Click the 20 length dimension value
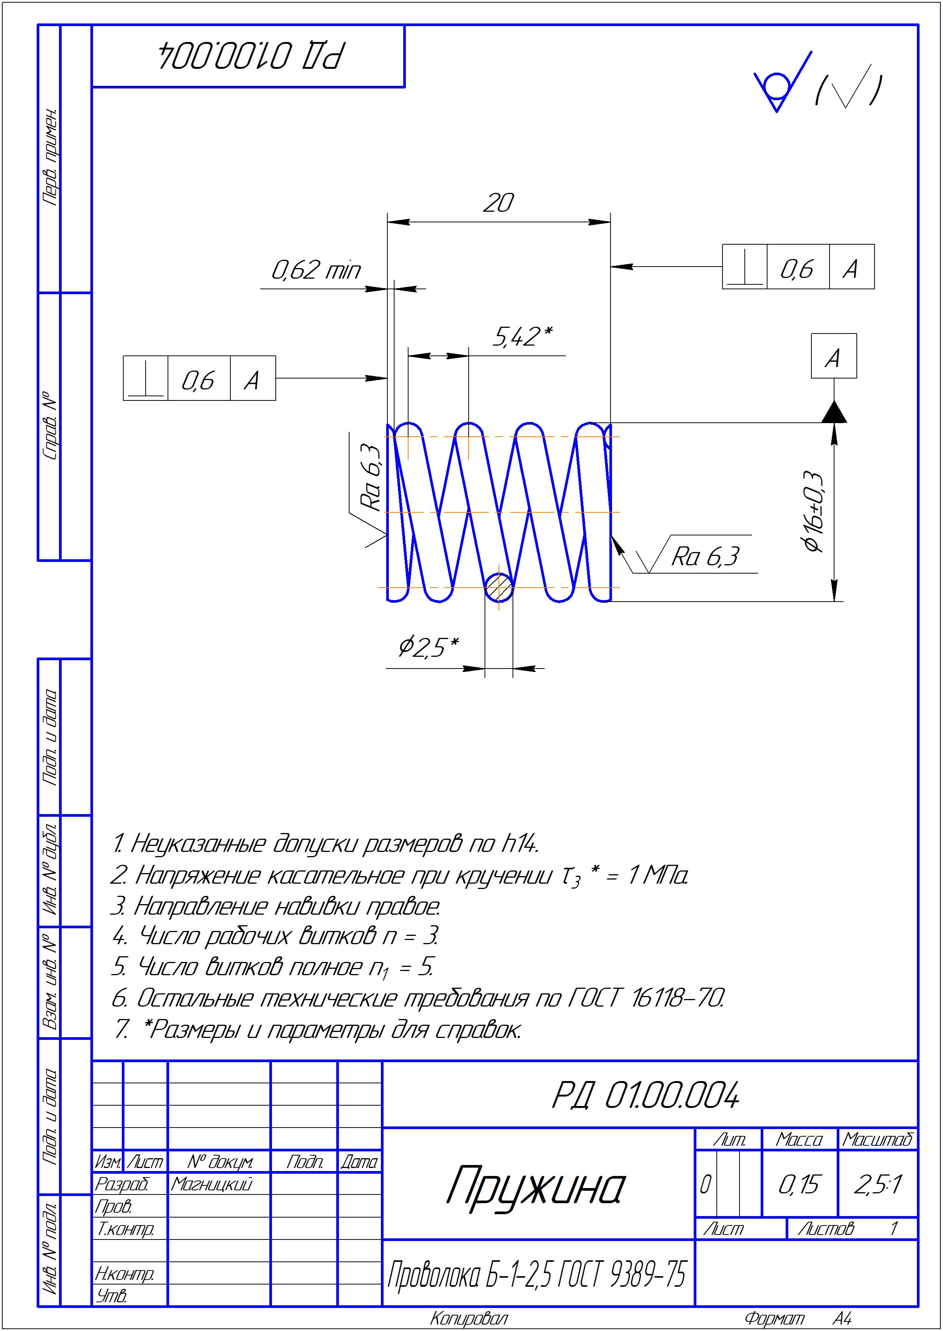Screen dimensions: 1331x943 (498, 203)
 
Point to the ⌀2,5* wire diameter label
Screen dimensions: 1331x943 (429, 646)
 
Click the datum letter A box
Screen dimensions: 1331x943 (833, 357)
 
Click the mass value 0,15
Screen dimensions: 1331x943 (799, 1185)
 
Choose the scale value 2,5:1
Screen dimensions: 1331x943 (878, 1185)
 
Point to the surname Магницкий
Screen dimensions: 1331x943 (211, 1184)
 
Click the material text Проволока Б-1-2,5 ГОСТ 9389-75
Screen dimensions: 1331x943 (536, 1275)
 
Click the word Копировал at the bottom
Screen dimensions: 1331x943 (469, 1318)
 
